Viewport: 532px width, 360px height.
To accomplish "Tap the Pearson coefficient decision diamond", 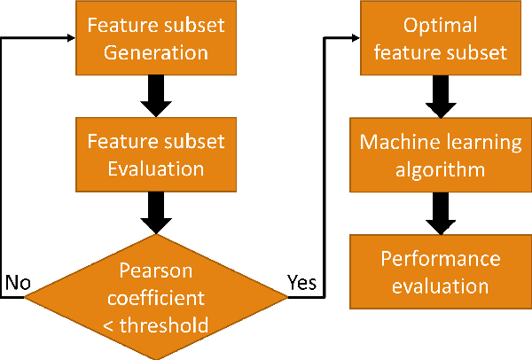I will point(156,296).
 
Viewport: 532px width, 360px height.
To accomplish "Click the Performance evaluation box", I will point(441,271).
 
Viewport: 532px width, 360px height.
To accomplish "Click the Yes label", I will point(302,283).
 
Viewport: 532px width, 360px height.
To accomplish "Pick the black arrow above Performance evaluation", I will point(441,212).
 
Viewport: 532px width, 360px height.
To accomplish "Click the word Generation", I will point(156,51).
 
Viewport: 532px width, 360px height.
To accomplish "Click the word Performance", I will point(441,258).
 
